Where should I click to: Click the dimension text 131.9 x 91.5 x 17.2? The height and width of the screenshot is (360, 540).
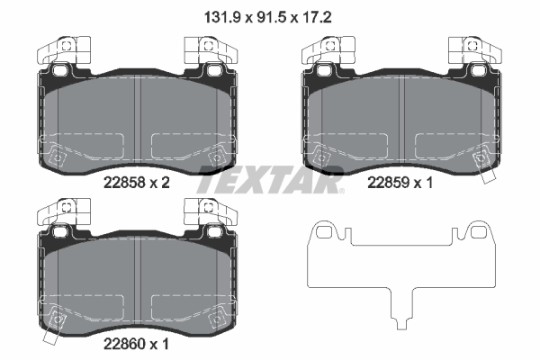(270, 14)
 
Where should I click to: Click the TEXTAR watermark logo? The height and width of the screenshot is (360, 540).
(270, 180)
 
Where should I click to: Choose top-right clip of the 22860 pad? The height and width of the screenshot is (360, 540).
(209, 212)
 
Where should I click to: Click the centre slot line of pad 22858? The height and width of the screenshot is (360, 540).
(134, 117)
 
